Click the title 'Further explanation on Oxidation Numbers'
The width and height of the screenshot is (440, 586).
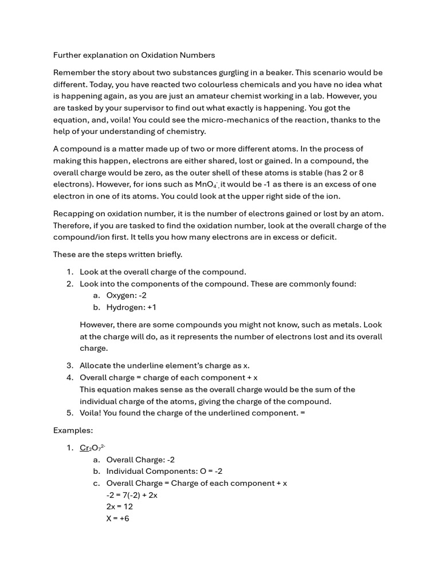coord(134,55)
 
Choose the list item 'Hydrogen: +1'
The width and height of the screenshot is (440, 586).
coord(131,307)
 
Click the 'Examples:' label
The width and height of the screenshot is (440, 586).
coord(73,430)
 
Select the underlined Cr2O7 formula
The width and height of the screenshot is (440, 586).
coord(92,448)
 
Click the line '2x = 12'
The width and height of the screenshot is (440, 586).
coord(119,506)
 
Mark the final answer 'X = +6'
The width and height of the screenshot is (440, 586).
coord(117,518)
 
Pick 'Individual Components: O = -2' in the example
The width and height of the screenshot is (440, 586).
coord(164,471)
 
